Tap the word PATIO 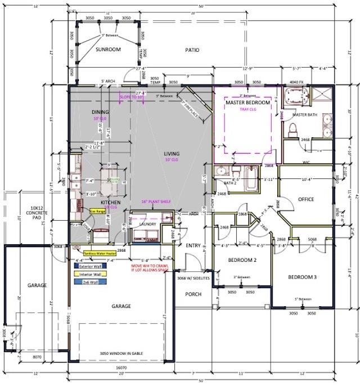(x=192, y=50)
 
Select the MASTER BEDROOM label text (x=248, y=104)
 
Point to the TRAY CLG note (x=248, y=110)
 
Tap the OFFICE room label (x=306, y=199)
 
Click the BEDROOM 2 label (x=242, y=261)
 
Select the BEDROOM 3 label (x=303, y=277)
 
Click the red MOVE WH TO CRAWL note (x=152, y=267)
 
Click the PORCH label (x=193, y=294)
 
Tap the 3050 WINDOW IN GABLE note (x=121, y=352)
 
